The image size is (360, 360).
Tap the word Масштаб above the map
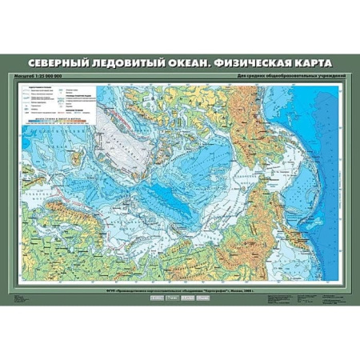pyautogui.click(x=25, y=76)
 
